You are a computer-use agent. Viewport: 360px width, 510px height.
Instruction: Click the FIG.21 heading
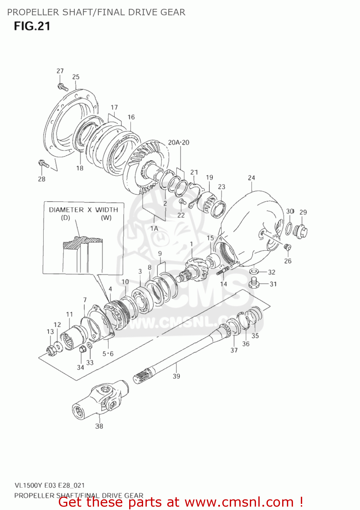pyautogui.click(x=32, y=26)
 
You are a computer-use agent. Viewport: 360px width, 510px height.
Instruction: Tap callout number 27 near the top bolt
pyautogui.click(x=60, y=71)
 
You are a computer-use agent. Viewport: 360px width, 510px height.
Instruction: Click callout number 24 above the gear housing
pyautogui.click(x=251, y=177)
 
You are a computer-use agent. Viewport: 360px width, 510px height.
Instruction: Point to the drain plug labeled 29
pyautogui.click(x=301, y=232)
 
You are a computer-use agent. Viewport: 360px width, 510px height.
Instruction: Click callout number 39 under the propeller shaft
pyautogui.click(x=176, y=376)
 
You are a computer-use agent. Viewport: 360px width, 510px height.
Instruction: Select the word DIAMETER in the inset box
pyautogui.click(x=66, y=210)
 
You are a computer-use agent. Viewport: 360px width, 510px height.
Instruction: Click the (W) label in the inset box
pyautogui.click(x=106, y=218)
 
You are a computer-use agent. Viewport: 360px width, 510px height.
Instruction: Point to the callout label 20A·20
pyautogui.click(x=178, y=142)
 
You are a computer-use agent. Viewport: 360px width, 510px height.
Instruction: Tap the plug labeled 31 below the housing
pyautogui.click(x=253, y=282)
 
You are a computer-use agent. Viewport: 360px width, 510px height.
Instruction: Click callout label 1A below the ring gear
pyautogui.click(x=154, y=228)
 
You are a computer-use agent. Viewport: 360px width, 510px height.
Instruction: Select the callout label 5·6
pyautogui.click(x=108, y=354)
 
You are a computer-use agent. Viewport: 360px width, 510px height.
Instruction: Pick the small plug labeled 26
pyautogui.click(x=287, y=247)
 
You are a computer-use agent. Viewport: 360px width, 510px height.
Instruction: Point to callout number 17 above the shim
pyautogui.click(x=114, y=107)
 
